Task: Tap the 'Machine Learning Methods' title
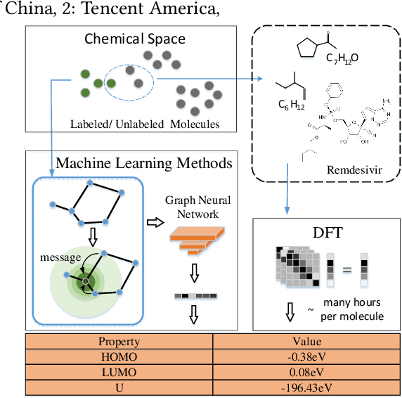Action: point(143,163)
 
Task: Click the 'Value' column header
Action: point(307,342)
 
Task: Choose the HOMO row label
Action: point(120,356)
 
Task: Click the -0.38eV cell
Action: point(307,356)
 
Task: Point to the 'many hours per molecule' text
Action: point(351,309)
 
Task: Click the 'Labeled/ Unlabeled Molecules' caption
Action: point(144,124)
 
